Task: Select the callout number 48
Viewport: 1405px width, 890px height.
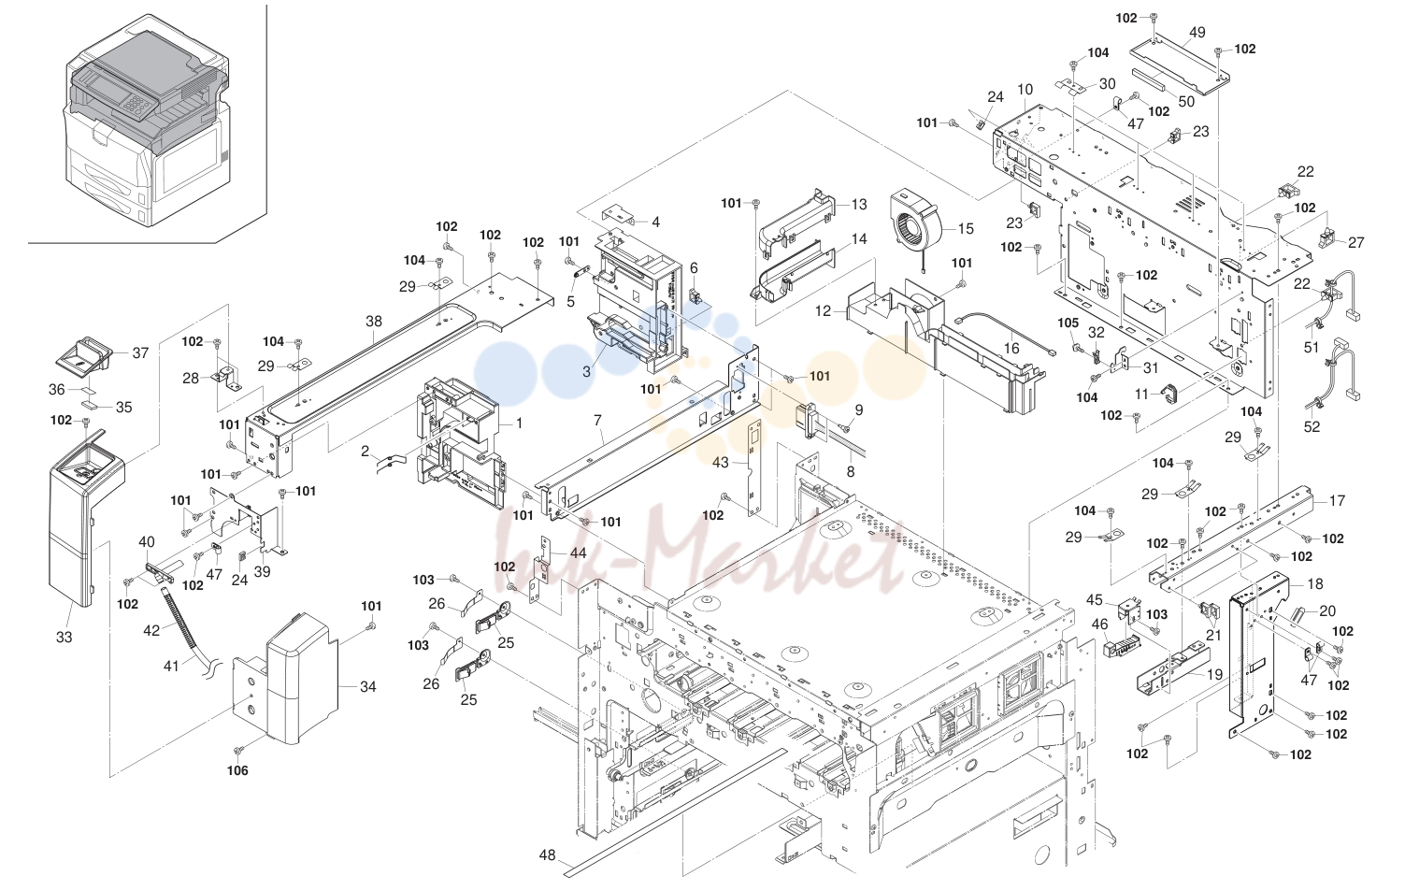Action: tap(547, 854)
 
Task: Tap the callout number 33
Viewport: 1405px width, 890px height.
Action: tap(64, 638)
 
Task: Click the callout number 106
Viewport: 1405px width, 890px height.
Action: tap(237, 770)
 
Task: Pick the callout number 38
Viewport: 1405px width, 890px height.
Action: tap(374, 321)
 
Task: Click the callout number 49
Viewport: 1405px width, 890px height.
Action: tap(1197, 32)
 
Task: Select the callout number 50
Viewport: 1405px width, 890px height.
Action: tap(1186, 101)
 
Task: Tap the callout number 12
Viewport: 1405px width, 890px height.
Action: tap(823, 310)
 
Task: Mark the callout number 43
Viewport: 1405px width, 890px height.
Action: tap(721, 462)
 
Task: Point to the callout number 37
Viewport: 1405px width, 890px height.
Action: tap(140, 352)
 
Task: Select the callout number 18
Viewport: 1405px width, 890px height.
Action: tap(1314, 583)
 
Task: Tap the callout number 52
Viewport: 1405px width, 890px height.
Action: tap(1312, 426)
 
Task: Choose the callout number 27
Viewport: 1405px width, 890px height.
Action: tap(1356, 242)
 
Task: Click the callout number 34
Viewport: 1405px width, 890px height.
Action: tap(368, 687)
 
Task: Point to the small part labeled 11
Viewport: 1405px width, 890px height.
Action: tap(1168, 393)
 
